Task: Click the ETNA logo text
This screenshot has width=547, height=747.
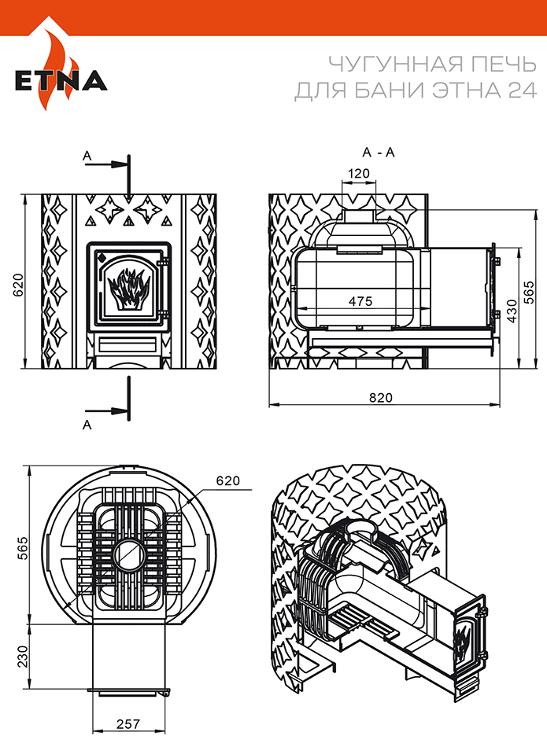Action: click(x=61, y=81)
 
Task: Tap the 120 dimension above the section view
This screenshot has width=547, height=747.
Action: click(x=359, y=173)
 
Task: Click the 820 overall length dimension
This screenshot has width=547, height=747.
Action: click(x=381, y=397)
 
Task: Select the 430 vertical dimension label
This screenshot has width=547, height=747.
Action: click(x=512, y=311)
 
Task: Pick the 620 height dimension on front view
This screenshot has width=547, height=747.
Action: click(x=17, y=285)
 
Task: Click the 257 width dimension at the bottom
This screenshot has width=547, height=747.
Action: click(x=128, y=725)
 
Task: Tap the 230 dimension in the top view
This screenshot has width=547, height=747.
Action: click(x=23, y=656)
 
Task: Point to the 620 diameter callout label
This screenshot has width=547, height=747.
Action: click(x=228, y=480)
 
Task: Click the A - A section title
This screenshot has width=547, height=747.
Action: click(x=379, y=153)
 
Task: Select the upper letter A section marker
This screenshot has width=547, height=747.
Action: click(x=87, y=156)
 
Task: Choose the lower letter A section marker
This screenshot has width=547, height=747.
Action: click(x=87, y=425)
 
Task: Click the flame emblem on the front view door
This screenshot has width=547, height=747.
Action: click(x=128, y=289)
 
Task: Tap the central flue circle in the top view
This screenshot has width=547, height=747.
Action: click(x=130, y=555)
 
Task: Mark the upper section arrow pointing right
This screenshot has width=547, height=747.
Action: click(x=106, y=164)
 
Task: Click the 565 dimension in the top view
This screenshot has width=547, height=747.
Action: click(x=23, y=548)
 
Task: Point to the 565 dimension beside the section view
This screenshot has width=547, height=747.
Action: click(x=530, y=292)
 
